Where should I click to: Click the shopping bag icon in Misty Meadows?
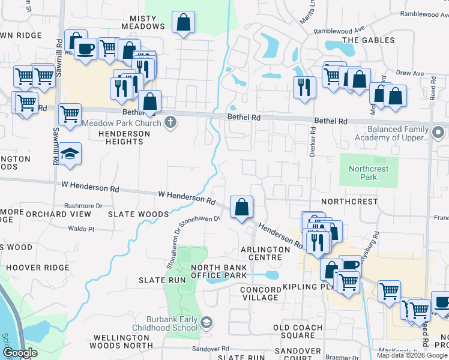pos(183,23)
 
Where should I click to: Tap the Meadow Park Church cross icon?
pos(170,123)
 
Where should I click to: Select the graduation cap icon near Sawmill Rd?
pos(70,154)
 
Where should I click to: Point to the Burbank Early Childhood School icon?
pos(206,323)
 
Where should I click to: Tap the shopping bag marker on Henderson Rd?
pos(241,208)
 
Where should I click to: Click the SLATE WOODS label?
pos(138,214)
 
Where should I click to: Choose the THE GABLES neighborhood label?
pos(369,40)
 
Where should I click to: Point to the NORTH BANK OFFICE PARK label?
pos(218,271)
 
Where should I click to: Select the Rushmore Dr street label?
pos(83,206)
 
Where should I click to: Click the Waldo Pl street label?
pos(81,229)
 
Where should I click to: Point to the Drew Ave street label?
pos(410,73)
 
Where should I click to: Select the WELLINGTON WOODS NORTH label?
pos(121,341)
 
